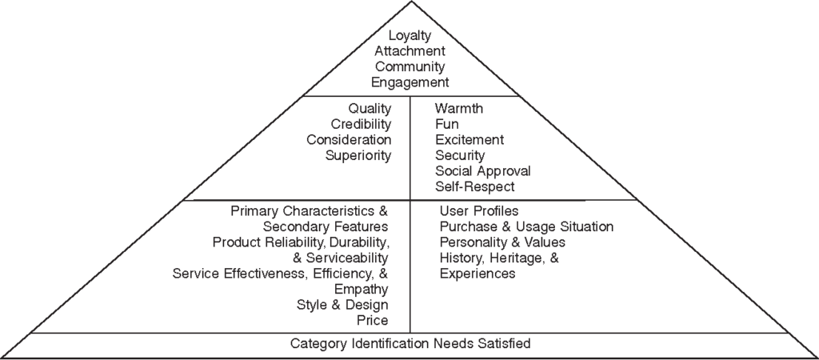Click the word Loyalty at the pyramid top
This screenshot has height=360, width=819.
point(409,36)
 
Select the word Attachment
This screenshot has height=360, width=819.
point(409,51)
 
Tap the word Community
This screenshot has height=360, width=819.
point(409,66)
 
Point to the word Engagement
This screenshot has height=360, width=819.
point(409,82)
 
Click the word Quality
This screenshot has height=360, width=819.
point(370,108)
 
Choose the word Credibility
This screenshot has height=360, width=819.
point(361,124)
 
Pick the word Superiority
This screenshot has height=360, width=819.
point(358,155)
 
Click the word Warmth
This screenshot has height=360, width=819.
point(459,108)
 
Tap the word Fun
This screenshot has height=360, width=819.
point(447,124)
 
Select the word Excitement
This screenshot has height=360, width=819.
point(470,140)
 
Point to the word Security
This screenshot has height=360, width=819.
point(460,155)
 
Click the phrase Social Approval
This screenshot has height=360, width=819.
point(482,171)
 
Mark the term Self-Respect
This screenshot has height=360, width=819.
point(475,186)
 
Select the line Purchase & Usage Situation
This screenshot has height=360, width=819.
point(526,227)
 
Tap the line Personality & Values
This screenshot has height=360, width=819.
point(502,242)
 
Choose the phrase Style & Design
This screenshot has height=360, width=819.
point(342,305)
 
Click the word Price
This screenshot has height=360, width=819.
point(373,321)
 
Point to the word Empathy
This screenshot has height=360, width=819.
point(362,290)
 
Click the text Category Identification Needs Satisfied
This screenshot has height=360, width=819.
point(409,344)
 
